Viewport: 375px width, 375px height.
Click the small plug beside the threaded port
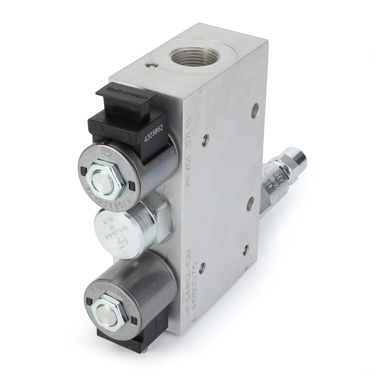coord(151,66)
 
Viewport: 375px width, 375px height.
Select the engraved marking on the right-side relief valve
coord(274,179)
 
